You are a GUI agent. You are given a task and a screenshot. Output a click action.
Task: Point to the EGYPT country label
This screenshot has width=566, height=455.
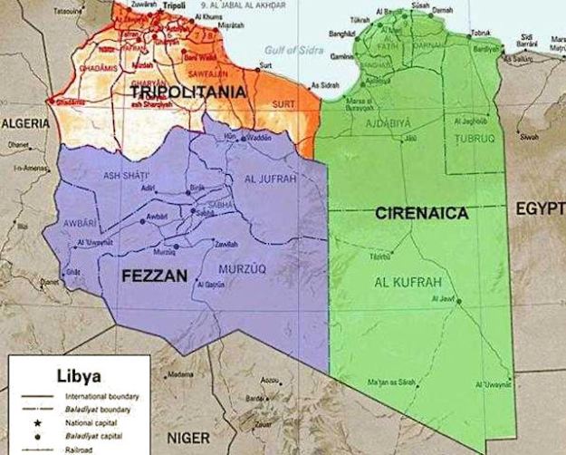click(540, 209)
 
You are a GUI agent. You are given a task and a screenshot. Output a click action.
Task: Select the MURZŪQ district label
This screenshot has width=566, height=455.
click(244, 268)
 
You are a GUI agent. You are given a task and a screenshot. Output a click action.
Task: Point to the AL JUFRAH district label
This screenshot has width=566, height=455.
click(269, 179)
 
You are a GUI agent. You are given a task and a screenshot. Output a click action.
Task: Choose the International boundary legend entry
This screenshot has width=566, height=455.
click(99, 396)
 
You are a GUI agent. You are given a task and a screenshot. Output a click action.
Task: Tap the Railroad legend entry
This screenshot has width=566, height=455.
click(80, 449)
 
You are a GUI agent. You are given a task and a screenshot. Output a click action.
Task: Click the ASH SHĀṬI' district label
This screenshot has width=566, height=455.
click(127, 175)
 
